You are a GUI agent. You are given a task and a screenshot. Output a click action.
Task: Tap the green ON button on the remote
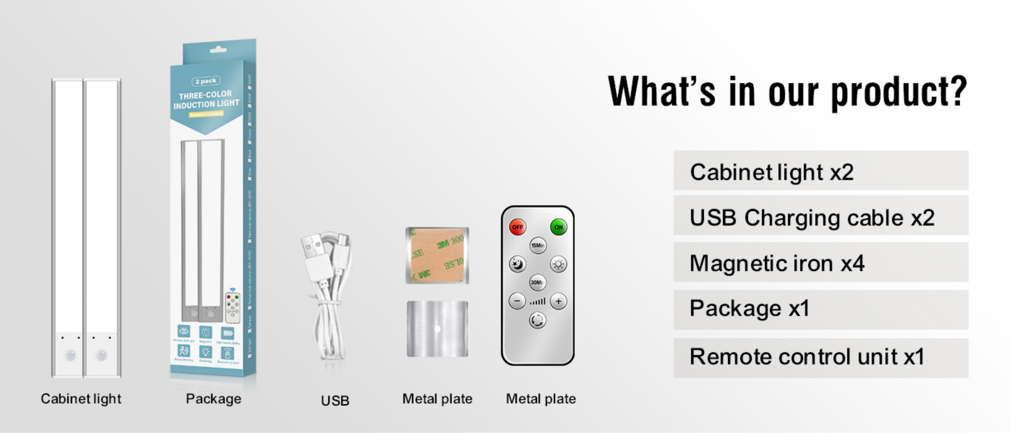coord(558,227)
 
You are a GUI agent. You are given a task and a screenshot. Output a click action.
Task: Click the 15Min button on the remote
coord(537,245)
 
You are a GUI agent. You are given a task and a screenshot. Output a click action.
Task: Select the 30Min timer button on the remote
coord(537,282)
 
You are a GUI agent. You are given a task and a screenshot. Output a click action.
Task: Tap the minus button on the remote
coord(517,301)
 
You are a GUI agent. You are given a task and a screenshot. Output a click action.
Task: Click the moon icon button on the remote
coord(517,264)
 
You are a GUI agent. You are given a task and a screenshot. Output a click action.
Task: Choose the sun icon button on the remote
coord(558,264)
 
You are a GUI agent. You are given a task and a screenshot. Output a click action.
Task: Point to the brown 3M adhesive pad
coord(437,255)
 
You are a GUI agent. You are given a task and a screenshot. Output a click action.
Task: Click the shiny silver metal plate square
coord(437,329)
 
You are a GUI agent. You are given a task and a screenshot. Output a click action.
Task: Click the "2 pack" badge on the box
coord(206,81)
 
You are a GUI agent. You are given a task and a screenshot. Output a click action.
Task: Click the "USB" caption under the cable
coord(335,401)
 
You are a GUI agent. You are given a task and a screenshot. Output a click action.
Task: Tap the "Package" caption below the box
coord(213,399)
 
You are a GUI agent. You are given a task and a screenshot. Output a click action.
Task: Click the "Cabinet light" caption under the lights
coord(81,399)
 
